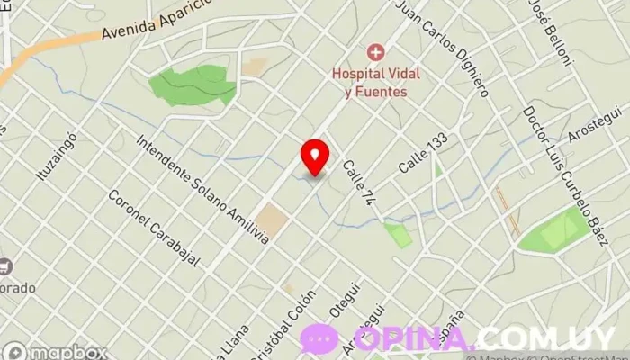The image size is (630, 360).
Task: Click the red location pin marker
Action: pos(314,156)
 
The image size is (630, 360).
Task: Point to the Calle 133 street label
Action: pos(423,153)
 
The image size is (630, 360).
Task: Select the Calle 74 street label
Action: pos(357,184)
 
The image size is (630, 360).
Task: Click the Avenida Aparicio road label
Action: pos(157,23)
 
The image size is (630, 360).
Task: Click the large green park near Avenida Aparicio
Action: pos(193,85)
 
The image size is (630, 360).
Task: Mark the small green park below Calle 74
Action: pos(397,235)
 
